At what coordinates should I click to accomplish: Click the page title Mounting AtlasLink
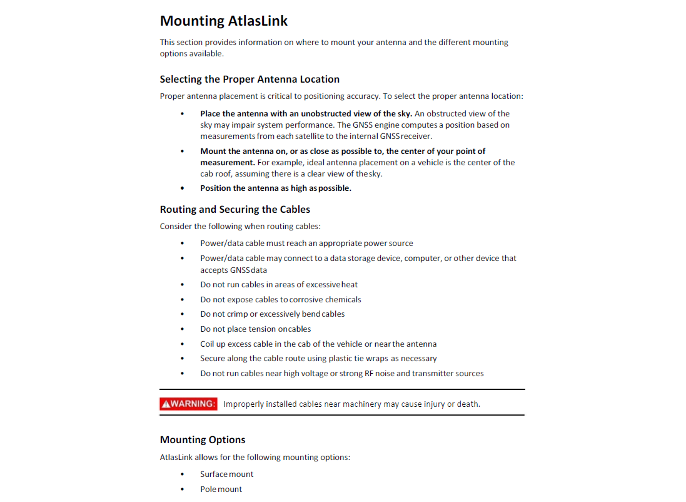pos(224,21)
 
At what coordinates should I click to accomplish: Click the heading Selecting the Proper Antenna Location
pos(250,79)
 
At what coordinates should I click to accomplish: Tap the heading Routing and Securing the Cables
pos(235,210)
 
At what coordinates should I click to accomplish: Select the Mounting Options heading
pos(203,440)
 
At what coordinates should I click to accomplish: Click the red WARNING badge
pos(188,404)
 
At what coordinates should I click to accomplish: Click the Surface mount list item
pos(226,474)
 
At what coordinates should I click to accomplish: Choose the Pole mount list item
pos(221,489)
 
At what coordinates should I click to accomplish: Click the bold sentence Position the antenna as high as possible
pos(275,188)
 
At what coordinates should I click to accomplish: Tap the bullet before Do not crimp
pos(183,314)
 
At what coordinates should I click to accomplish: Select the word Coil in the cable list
pos(207,344)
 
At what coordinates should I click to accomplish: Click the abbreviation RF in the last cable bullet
pos(369,374)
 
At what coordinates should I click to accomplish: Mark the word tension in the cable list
pos(263,329)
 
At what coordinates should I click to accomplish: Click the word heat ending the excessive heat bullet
pos(350,285)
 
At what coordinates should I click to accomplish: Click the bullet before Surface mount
pos(183,474)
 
